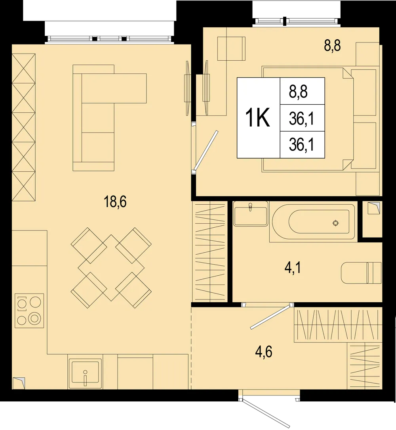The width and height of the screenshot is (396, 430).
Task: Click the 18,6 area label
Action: tap(115, 202)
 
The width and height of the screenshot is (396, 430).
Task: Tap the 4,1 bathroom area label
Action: tap(293, 267)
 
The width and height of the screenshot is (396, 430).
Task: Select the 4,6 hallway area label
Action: tap(263, 352)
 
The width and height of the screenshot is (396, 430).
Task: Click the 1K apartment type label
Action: tap(258, 118)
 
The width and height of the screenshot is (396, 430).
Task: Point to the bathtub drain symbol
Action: tap(335, 223)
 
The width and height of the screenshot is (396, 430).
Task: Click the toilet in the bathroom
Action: tap(361, 273)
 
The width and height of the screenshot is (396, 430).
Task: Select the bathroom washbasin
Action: tap(251, 214)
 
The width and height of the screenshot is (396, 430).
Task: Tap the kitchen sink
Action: tap(85, 374)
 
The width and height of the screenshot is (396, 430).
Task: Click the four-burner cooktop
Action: tap(29, 311)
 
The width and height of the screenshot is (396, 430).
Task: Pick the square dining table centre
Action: tap(111, 268)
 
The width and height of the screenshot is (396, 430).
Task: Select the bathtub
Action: tap(314, 222)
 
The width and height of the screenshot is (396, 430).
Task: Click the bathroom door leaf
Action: tap(270, 316)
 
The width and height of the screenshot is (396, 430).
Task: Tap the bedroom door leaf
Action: tap(206, 151)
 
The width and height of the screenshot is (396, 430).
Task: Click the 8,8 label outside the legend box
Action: tap(333, 46)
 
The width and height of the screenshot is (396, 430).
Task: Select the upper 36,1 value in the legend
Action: tap(301, 119)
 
